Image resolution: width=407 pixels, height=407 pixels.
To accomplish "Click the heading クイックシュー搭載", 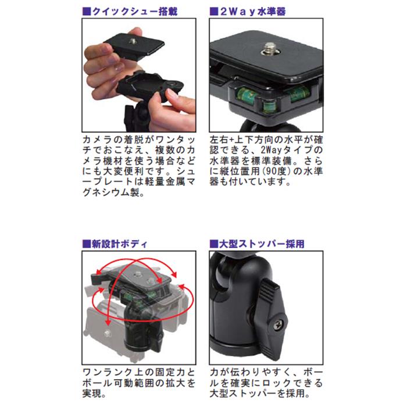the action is pyautogui.click(x=135, y=12).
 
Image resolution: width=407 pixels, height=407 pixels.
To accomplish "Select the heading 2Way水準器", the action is pyautogui.click(x=253, y=12).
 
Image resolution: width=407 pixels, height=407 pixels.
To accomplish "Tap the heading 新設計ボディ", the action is pyautogui.click(x=119, y=244).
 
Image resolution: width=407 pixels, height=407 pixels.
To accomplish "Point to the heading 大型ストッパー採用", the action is pyautogui.click(x=262, y=244).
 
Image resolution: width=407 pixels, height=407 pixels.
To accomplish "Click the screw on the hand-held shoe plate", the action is pyautogui.click(x=133, y=41).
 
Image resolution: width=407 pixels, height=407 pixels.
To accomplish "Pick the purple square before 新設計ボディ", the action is pyautogui.click(x=87, y=244).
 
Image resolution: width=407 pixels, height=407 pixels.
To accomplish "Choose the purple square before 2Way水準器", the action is pyautogui.click(x=214, y=12).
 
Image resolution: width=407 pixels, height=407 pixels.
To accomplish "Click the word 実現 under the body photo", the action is pyautogui.click(x=92, y=394).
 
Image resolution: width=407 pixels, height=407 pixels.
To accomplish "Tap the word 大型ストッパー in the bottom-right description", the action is pyautogui.click(x=243, y=394).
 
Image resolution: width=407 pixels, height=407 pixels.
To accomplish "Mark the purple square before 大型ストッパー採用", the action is pyautogui.click(x=214, y=244).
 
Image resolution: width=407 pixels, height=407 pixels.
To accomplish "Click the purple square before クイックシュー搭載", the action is pyautogui.click(x=87, y=12).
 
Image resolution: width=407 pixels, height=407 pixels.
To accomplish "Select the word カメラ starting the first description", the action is pyautogui.click(x=98, y=140).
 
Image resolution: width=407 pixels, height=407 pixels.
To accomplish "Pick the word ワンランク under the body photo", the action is pyautogui.click(x=108, y=373).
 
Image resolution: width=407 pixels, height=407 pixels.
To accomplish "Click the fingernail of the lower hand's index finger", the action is pyautogui.click(x=172, y=94).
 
